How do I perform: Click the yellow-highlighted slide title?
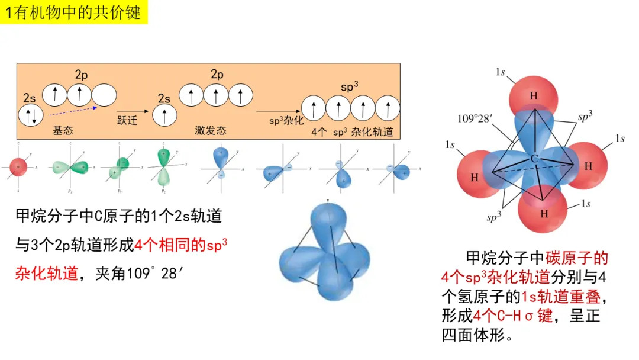[73, 12]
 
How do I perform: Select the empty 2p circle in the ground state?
[104, 94]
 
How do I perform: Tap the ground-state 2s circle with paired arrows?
[31, 114]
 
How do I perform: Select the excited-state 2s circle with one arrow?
[165, 114]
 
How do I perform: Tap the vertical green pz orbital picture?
[163, 168]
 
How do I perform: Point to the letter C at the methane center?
[533, 159]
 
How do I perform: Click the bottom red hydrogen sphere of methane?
[543, 212]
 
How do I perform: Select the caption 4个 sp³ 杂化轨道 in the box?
[353, 132]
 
